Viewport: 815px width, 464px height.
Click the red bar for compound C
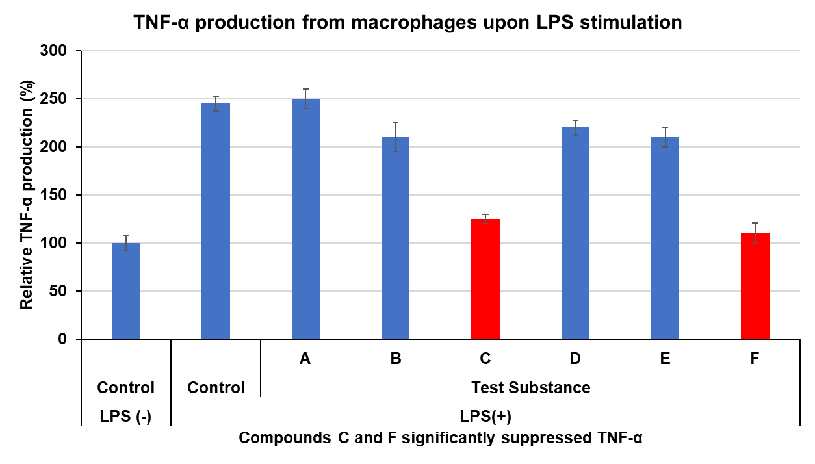coord(485,279)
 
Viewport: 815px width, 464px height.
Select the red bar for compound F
coord(755,286)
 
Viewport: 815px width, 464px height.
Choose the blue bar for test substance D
coord(575,233)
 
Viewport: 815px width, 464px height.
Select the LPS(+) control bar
coord(216,222)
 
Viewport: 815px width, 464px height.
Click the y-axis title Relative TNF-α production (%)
coord(27,194)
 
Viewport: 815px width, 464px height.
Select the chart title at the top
coord(407,22)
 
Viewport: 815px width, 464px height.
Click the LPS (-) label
coord(125,416)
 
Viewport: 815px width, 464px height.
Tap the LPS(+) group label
coord(485,416)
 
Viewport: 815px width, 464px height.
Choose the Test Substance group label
coord(530,388)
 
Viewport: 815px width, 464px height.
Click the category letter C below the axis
coord(485,359)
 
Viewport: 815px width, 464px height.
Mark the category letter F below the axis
coord(755,359)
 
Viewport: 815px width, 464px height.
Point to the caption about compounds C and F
coord(441,438)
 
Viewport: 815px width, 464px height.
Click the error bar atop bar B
coord(395,136)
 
